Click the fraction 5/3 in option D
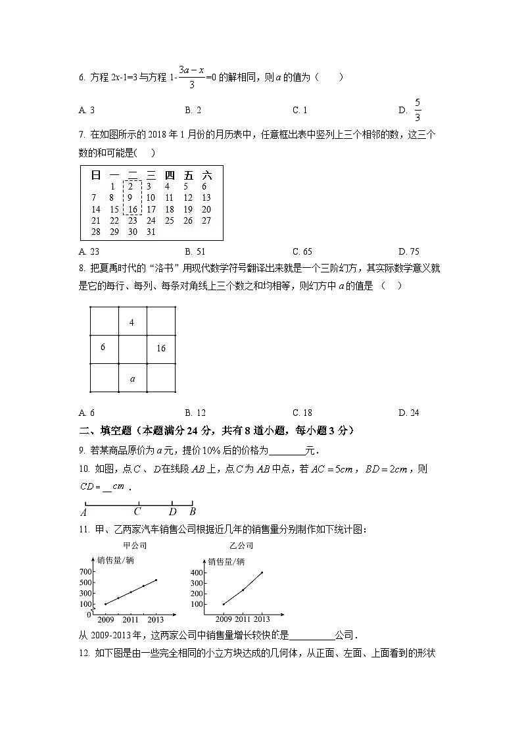pyautogui.click(x=417, y=110)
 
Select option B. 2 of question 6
pyautogui.click(x=193, y=111)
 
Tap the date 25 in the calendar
pyautogui.click(x=169, y=220)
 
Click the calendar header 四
pyautogui.click(x=169, y=175)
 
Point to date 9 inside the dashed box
pyautogui.click(x=131, y=197)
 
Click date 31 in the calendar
pyautogui.click(x=151, y=232)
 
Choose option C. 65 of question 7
pyautogui.click(x=302, y=251)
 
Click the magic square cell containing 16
pyautogui.click(x=161, y=349)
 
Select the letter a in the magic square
pyautogui.click(x=132, y=378)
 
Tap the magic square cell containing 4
pyautogui.click(x=132, y=322)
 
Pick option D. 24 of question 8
pyautogui.click(x=409, y=413)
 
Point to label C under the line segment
pyautogui.click(x=137, y=511)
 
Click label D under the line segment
pyautogui.click(x=172, y=511)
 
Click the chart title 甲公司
pyautogui.click(x=135, y=546)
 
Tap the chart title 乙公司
pyautogui.click(x=241, y=546)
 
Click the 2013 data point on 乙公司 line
pyautogui.click(x=262, y=573)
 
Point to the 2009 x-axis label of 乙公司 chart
pyautogui.click(x=224, y=619)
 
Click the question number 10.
pyautogui.click(x=83, y=469)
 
